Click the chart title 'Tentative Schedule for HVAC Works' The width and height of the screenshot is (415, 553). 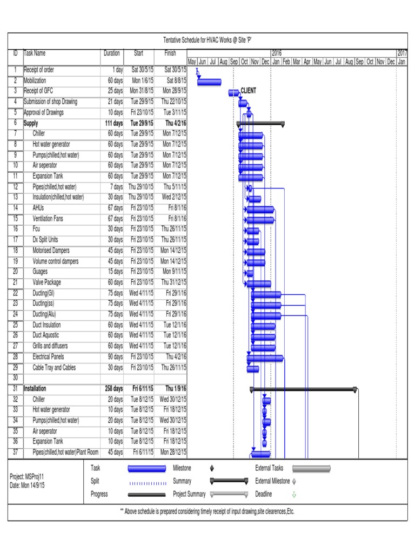coord(207,41)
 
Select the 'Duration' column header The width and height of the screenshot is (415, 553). coord(111,53)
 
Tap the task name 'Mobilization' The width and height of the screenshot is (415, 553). coord(36,80)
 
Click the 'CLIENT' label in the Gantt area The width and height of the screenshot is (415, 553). coord(249,91)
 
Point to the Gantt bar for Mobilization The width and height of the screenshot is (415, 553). coord(209,82)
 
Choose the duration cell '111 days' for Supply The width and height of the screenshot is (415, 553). coord(113,124)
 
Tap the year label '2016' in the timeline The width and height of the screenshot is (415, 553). coord(277,53)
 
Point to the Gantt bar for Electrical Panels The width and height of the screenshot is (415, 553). coord(265,358)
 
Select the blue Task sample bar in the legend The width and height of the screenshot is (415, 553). coord(146,469)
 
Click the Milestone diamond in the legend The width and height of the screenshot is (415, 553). coord(212,468)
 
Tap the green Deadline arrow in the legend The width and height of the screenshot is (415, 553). coord(294,494)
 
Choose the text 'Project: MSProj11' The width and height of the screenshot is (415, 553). coord(27,477)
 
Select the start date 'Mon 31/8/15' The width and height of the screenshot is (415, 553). coord(141,91)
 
